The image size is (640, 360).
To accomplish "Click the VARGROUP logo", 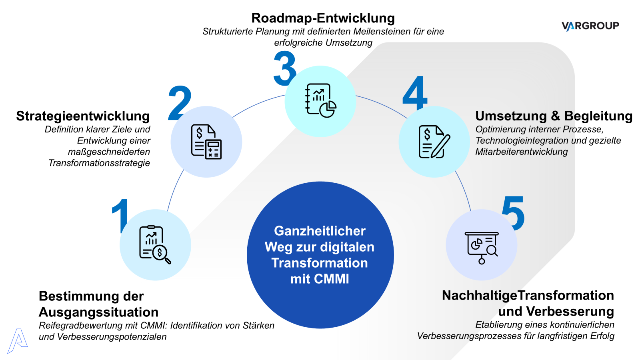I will click(590, 26).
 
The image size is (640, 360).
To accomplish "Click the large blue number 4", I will click(415, 93).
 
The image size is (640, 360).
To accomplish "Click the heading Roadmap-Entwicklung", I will click(323, 18).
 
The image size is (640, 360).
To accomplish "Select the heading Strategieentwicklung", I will click(83, 116).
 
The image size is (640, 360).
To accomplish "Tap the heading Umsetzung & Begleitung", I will click(554, 116).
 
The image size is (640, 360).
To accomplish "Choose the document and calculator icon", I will click(206, 142).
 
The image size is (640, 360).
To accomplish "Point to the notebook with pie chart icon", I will click(320, 101).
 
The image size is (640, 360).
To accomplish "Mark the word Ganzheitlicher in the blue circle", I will click(320, 231).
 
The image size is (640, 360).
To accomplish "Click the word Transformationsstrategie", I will click(99, 163).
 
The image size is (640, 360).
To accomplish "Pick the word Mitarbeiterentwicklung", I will click(522, 152).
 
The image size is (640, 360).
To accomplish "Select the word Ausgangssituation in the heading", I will click(98, 312).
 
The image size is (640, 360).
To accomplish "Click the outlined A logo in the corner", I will click(17, 341).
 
